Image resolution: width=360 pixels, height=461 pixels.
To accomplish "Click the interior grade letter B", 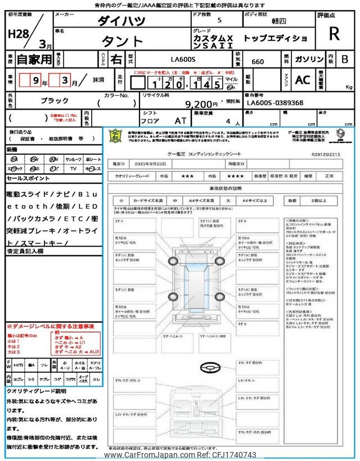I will pos(345,59).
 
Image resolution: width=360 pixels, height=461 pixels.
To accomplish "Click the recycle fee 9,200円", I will pos(201,104).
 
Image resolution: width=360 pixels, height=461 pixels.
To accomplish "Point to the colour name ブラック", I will pos(55,100).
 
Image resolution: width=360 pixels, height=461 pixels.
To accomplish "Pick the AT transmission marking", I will pos(181,120).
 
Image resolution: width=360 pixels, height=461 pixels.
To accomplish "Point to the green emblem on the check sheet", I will pos(115,137).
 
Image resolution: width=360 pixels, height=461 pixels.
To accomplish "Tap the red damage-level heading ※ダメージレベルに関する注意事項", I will pos(51,326).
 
